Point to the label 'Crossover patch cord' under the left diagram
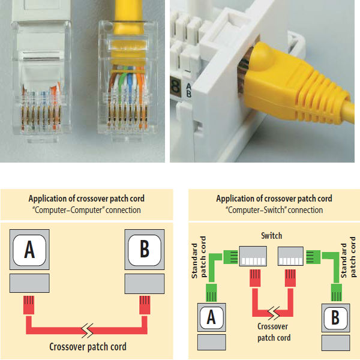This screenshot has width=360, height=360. [x=87, y=347]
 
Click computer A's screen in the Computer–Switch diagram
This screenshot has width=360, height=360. [x=211, y=318]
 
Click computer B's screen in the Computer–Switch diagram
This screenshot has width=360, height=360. [x=335, y=318]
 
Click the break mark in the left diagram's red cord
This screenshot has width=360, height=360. [x=87, y=329]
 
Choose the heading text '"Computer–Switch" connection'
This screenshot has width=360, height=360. [x=274, y=210]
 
